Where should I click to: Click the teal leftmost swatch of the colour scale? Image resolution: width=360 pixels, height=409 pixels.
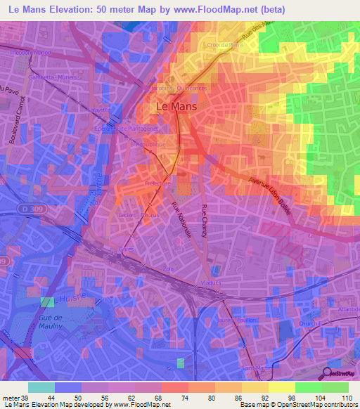[x=41, y=387]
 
